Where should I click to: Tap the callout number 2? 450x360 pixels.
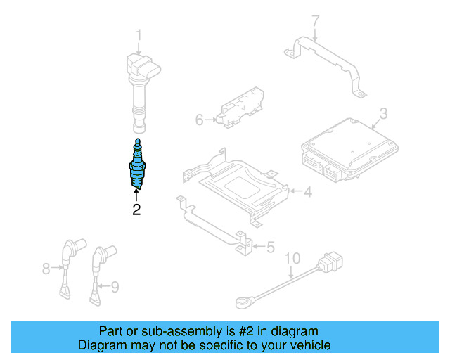[136, 209]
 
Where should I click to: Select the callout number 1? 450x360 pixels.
[139, 34]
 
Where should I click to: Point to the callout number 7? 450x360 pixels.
[315, 20]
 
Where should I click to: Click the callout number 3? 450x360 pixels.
[383, 113]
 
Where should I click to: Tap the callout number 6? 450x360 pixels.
[199, 120]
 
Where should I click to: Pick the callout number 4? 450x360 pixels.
[307, 191]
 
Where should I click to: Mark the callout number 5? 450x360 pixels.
[270, 247]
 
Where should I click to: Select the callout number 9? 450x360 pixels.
[115, 285]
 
